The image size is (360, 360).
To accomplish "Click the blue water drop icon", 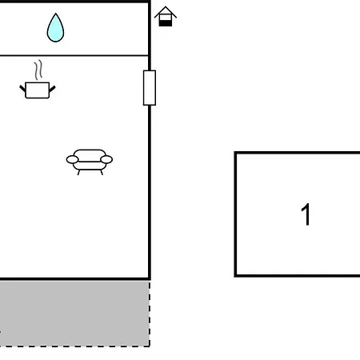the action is (55, 29).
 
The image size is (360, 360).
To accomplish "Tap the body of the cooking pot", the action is (38, 90).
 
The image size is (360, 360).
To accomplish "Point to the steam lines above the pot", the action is (38, 70).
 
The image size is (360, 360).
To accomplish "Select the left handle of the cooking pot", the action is (22, 89).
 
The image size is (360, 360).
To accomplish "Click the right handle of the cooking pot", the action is (52, 89).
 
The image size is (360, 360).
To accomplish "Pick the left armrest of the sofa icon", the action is (72, 160).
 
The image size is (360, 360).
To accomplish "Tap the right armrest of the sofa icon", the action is (106, 159).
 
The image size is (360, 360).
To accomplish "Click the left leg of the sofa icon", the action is (78, 172).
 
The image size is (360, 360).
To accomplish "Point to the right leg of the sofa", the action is (102, 172).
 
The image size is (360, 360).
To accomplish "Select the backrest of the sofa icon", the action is (90, 154).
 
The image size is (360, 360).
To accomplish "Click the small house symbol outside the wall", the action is (166, 16).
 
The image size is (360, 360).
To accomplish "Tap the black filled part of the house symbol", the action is (166, 23).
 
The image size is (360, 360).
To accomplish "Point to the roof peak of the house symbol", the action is (166, 6).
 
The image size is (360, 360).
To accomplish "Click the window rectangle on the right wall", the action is (150, 88).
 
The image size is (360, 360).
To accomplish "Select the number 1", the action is (306, 214).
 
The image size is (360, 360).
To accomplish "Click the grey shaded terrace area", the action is (74, 314).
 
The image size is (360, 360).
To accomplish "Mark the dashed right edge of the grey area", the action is (150, 314).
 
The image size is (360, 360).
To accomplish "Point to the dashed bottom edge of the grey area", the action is (74, 346).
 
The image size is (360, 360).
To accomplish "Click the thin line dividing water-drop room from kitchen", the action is (74, 55).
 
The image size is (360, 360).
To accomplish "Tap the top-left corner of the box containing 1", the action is (235, 153).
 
